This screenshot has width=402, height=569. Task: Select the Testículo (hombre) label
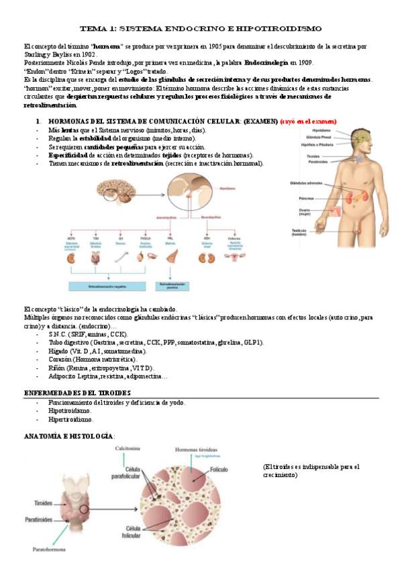pos(299,232)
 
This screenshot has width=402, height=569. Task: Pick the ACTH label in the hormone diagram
pos(71,238)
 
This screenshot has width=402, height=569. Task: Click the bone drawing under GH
pos(120,255)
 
